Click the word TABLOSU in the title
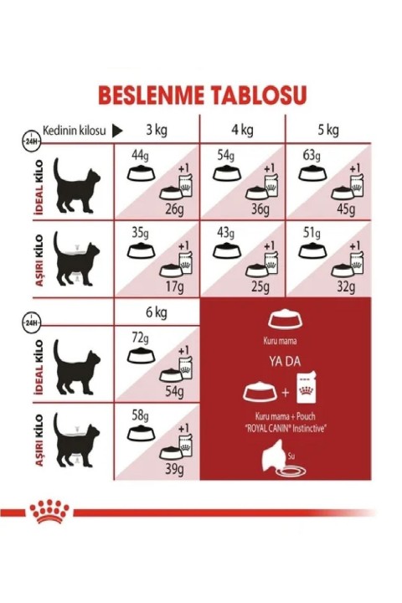[x=255, y=95]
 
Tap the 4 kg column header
[x=242, y=130]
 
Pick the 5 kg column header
[x=327, y=130]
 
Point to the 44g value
[x=139, y=157]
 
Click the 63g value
[x=310, y=157]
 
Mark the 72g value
[x=139, y=339]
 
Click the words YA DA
[x=286, y=363]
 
